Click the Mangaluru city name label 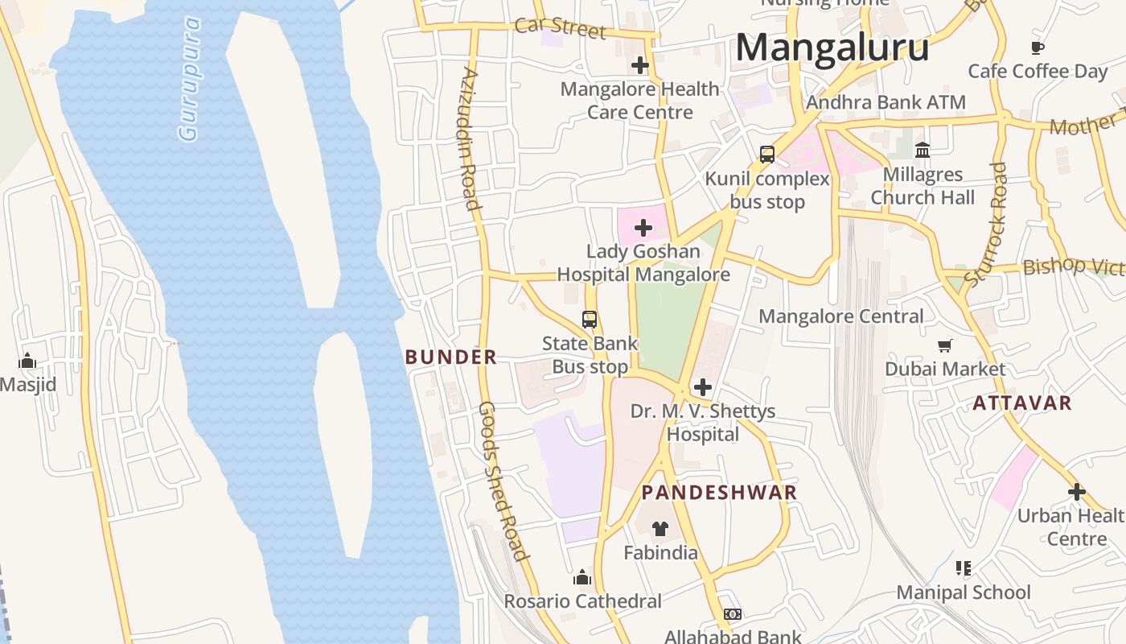coord(832,47)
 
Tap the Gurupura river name coord(191,79)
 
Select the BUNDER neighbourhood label coord(450,357)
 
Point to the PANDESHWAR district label coord(719,493)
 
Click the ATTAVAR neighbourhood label coord(1021,403)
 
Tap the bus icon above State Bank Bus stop coord(590,320)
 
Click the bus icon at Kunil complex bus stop coord(766,155)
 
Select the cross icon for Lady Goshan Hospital coord(643,228)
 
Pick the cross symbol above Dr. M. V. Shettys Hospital coord(702,387)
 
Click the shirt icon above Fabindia coord(660,529)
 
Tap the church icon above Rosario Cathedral coord(582,577)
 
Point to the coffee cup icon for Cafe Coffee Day coord(1037,48)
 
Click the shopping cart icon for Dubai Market coord(945,345)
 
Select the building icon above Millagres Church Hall coord(923,151)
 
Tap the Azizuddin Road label coord(471,138)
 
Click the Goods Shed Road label coord(503,481)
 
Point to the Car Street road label coord(560,27)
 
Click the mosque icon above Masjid coord(27,361)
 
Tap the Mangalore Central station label coord(841,316)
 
